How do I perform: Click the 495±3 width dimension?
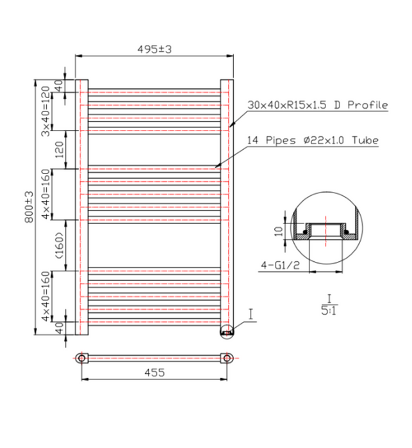pyautogui.click(x=154, y=49)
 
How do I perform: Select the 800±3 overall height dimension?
pyautogui.click(x=29, y=207)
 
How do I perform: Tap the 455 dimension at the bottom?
pyautogui.click(x=154, y=372)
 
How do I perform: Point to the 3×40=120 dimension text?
pyautogui.click(x=45, y=111)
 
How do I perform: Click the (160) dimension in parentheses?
pyautogui.click(x=60, y=245)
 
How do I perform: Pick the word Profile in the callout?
pyautogui.click(x=368, y=105)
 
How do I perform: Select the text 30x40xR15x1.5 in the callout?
pyautogui.click(x=287, y=105)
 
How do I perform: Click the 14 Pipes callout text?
pyautogui.click(x=271, y=140)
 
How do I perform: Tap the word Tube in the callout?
pyautogui.click(x=365, y=140)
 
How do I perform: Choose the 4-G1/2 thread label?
pyautogui.click(x=280, y=265)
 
